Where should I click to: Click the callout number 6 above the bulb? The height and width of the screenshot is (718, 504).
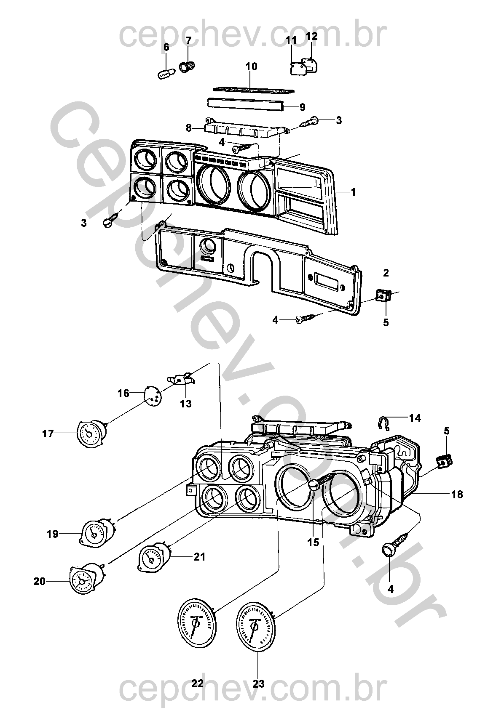coord(166,47)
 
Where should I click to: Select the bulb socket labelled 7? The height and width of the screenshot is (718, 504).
coord(187,66)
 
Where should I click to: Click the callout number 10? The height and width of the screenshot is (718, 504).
coord(251,66)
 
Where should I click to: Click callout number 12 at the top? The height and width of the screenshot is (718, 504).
coord(311,37)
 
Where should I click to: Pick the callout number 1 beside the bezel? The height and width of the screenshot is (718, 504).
coord(353,192)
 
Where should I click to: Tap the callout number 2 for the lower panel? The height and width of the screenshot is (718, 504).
coord(386,273)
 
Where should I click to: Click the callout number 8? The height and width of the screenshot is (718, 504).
coord(189,127)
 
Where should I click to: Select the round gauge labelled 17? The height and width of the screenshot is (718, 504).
coord(90,433)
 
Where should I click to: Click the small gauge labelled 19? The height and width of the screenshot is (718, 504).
coord(94,533)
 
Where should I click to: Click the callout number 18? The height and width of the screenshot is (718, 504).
coord(457,495)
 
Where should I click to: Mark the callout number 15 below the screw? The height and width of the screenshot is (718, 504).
coord(313,543)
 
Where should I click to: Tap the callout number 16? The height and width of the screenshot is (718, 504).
coord(123,394)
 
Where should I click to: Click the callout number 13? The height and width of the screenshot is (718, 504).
coord(185,404)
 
